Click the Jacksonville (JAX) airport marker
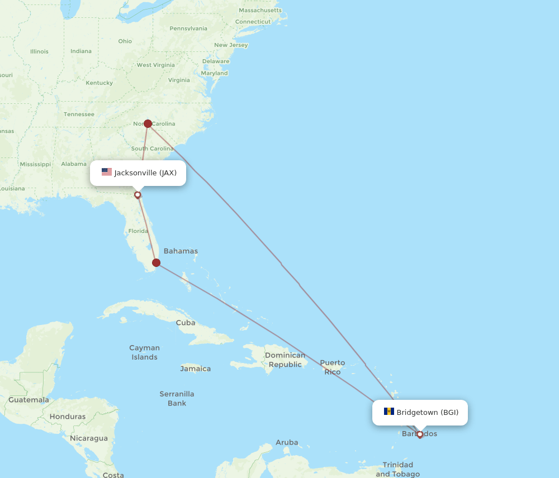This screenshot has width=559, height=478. (138, 195)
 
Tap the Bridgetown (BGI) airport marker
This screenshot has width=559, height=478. (420, 434)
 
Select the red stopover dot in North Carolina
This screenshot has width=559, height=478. (148, 123)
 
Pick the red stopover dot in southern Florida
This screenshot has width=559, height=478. (157, 262)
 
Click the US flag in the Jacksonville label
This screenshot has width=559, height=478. (107, 172)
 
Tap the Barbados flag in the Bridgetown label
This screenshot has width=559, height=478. (389, 412)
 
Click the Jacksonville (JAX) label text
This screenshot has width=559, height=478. (145, 173)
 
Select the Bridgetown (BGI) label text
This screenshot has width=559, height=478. (427, 412)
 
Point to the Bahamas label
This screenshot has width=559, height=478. (181, 251)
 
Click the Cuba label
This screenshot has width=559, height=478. (186, 322)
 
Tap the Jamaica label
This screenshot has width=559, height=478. (195, 369)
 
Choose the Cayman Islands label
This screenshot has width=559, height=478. (144, 352)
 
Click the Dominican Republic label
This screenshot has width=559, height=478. (285, 360)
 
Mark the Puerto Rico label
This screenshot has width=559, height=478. (332, 367)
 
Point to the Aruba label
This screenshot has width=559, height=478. (287, 442)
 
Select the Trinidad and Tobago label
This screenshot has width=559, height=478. (397, 469)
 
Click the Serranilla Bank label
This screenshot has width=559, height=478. (177, 398)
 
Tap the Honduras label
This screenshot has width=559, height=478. (68, 416)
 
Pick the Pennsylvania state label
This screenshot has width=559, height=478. (188, 28)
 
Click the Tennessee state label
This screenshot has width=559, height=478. (79, 114)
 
